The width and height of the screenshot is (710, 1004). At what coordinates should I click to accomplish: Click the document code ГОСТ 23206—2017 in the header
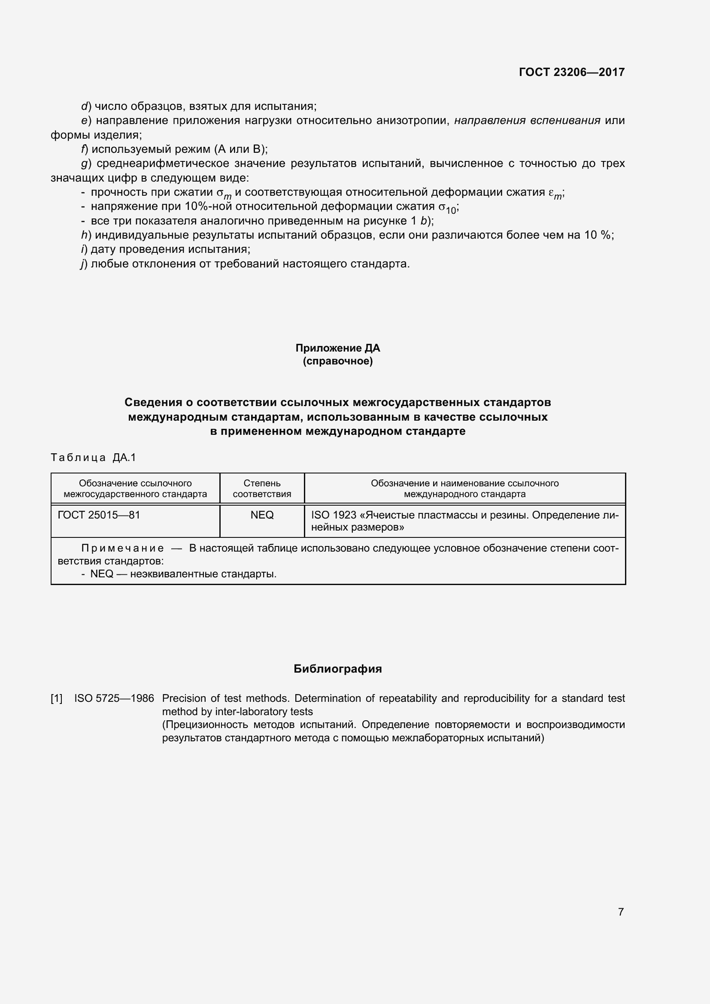tap(571, 72)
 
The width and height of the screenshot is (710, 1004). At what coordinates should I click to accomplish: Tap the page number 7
tap(621, 912)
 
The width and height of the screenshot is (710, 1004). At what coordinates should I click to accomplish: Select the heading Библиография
tap(337, 669)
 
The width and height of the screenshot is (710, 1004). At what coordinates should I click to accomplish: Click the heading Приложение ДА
tap(337, 348)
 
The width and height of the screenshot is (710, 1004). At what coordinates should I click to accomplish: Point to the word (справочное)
tap(337, 361)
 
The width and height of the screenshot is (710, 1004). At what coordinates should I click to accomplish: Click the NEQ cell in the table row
tap(262, 515)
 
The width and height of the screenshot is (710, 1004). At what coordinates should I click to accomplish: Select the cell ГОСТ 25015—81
tap(99, 515)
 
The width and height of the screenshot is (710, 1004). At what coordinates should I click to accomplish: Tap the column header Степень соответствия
tap(262, 488)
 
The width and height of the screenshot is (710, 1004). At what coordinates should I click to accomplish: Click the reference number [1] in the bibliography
tap(57, 698)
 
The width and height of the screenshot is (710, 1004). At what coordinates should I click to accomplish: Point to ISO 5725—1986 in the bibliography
tap(114, 698)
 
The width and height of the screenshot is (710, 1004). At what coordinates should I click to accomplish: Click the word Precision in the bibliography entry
tap(181, 698)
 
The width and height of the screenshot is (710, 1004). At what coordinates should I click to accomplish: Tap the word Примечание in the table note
tap(123, 548)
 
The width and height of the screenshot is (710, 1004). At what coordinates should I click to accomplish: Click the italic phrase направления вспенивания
tap(527, 121)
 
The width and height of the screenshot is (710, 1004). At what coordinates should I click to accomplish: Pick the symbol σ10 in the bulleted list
tap(447, 208)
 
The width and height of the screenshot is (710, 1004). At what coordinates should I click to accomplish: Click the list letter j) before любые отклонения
tap(84, 264)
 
